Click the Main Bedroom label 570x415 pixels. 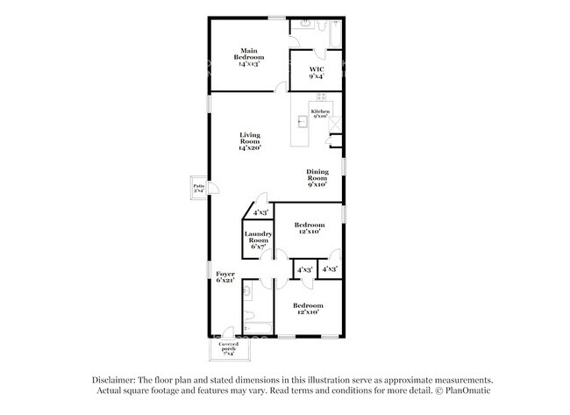(x=250, y=57)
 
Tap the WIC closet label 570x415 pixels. (x=317, y=73)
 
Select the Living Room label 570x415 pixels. (x=250, y=140)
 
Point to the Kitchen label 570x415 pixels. (x=320, y=113)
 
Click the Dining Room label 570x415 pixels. (x=317, y=177)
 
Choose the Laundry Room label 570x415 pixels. (x=258, y=240)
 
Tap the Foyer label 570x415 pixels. (x=225, y=277)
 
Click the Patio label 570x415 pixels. (x=199, y=188)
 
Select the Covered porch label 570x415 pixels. (x=229, y=348)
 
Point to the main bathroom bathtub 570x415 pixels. (x=332, y=34)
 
